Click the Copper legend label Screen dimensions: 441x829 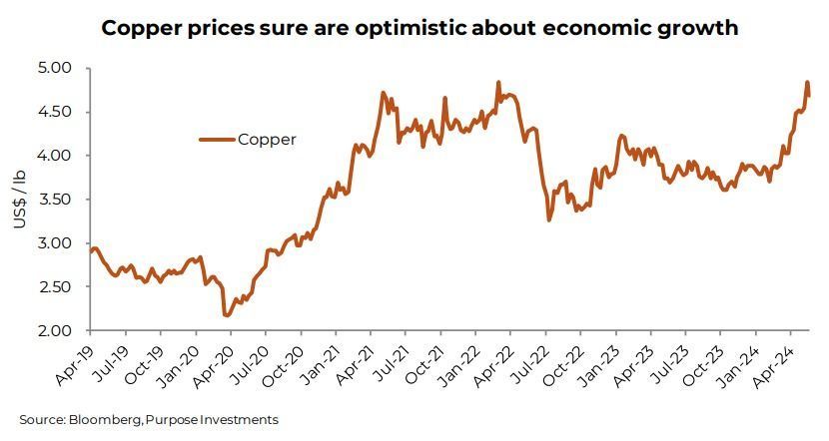coord(267,140)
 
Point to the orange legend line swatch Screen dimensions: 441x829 coord(216,140)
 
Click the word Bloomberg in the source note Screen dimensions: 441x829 coord(102,420)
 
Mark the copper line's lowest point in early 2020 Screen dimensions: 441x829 coord(226,315)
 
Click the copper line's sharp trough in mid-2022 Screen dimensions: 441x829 coord(549,220)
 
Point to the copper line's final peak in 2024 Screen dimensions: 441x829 coord(807,83)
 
